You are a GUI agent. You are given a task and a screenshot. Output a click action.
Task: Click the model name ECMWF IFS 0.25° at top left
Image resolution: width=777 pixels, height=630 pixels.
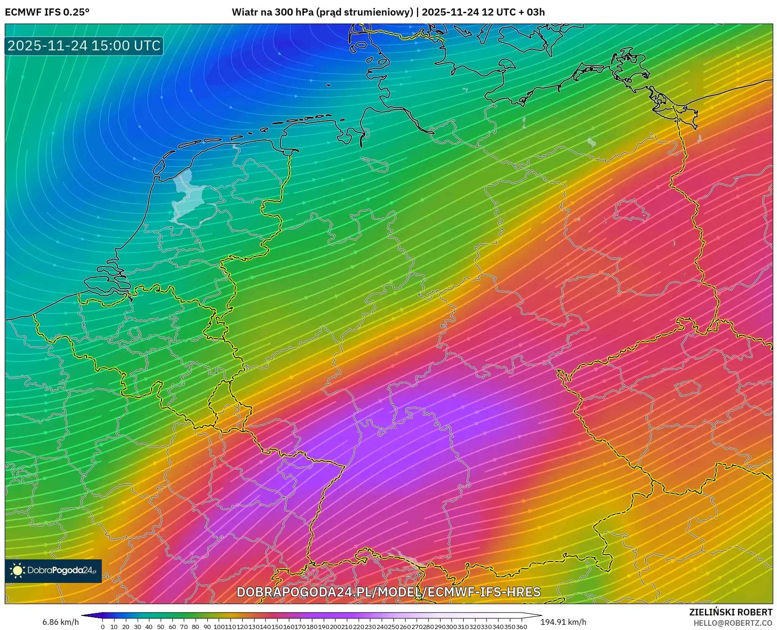tap(47, 12)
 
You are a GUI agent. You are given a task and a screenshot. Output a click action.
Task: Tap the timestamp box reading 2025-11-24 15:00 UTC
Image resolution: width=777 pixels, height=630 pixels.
tap(84, 46)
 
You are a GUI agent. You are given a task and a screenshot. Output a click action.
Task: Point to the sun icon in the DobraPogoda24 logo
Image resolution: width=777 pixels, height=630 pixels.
tap(17, 571)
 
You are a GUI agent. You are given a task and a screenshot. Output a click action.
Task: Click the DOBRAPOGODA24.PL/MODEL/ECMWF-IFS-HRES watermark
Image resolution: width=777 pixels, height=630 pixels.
tap(388, 592)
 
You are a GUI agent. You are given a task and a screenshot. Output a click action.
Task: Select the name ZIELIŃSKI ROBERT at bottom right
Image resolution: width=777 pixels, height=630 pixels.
tap(731, 612)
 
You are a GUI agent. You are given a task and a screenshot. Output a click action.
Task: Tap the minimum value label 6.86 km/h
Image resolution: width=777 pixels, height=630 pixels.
tap(61, 622)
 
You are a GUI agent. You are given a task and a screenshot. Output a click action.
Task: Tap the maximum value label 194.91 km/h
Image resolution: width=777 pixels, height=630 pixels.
tap(564, 622)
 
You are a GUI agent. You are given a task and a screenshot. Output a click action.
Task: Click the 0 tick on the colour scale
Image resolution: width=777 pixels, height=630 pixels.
tap(103, 627)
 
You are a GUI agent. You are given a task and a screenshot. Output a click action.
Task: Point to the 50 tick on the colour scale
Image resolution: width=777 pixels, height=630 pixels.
tap(161, 627)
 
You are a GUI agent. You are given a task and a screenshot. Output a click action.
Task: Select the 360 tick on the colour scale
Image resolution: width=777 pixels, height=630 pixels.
tap(521, 627)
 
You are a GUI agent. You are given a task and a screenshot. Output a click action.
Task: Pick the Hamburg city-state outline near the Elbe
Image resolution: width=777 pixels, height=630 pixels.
tap(376, 164)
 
